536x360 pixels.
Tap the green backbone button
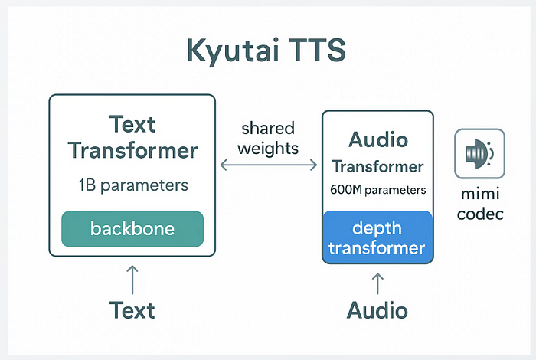coord(132,229)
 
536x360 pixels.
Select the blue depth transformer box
coord(377,237)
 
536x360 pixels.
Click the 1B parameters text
coord(133,185)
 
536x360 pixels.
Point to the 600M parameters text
coord(378,190)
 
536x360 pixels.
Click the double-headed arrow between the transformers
coord(269,165)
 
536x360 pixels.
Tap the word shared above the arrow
coord(268,128)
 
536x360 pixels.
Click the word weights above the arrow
coord(268,149)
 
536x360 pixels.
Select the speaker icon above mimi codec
coord(479,153)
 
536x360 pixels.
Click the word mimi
coord(480,194)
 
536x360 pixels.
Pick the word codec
coord(480,214)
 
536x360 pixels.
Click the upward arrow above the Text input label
coord(132,280)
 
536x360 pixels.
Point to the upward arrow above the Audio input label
coord(377,283)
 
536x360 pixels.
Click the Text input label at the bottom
coord(132,310)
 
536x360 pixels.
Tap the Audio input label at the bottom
coord(377,310)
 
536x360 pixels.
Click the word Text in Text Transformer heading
coord(132,124)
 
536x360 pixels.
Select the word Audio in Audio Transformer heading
coord(378,139)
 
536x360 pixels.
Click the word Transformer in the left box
coord(133,150)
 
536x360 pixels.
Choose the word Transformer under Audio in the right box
coord(378,166)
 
